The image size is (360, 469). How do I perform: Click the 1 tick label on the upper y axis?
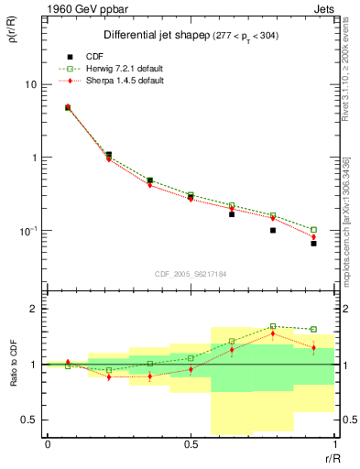pyautogui.click(x=30, y=158)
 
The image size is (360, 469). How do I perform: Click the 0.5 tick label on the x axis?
pyautogui.click(x=191, y=444)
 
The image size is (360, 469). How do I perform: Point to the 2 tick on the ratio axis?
pyautogui.click(x=30, y=309)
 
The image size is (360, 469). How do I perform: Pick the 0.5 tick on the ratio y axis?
pyautogui.click(x=25, y=420)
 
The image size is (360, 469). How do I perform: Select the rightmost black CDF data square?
pyautogui.click(x=313, y=244)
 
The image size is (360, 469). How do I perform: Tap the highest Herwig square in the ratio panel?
pyautogui.click(x=273, y=326)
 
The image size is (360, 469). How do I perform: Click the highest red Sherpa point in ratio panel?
pyautogui.click(x=273, y=334)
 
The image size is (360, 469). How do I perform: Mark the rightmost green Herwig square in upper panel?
pyautogui.click(x=313, y=229)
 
